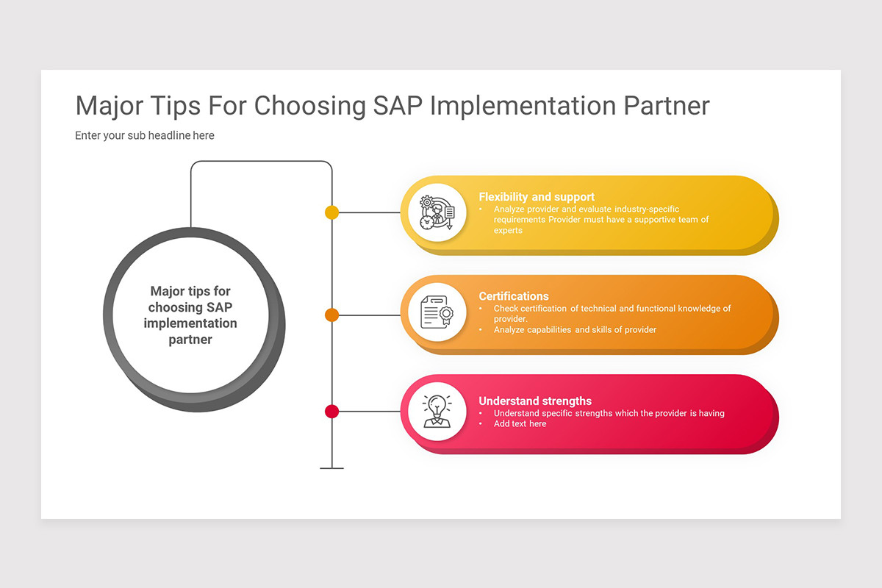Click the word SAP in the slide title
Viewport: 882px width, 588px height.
[397, 106]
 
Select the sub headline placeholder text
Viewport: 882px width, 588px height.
[145, 135]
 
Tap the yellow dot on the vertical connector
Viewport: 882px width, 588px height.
[331, 212]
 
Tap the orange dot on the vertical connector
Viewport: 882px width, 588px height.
[331, 315]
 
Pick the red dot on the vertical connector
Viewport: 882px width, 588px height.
[331, 412]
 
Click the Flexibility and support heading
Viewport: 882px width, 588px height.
[537, 197]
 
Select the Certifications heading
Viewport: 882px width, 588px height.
[514, 296]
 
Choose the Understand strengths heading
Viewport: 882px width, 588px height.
[535, 401]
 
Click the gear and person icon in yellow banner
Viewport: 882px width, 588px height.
[437, 212]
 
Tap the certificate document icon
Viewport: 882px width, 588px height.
[437, 312]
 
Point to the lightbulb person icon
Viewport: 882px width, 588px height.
[437, 411]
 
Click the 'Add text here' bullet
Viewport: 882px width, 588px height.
[520, 424]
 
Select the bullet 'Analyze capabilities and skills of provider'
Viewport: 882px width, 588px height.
[575, 330]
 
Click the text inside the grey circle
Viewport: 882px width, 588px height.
[190, 315]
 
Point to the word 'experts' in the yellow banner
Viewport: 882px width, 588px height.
[508, 231]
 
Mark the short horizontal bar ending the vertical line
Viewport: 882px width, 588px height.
[331, 468]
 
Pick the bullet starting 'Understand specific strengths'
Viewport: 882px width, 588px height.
[609, 413]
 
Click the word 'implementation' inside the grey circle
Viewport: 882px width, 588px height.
[190, 323]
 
